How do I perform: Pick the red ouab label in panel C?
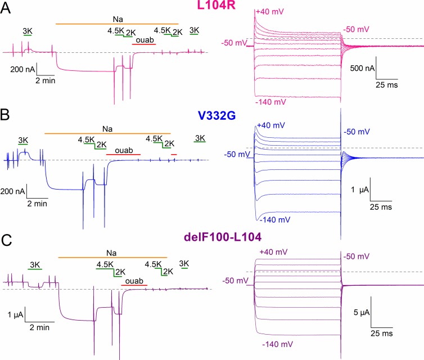[x=133, y=281]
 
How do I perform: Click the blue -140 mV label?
[x=272, y=220]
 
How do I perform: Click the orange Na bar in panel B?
[x=107, y=133]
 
